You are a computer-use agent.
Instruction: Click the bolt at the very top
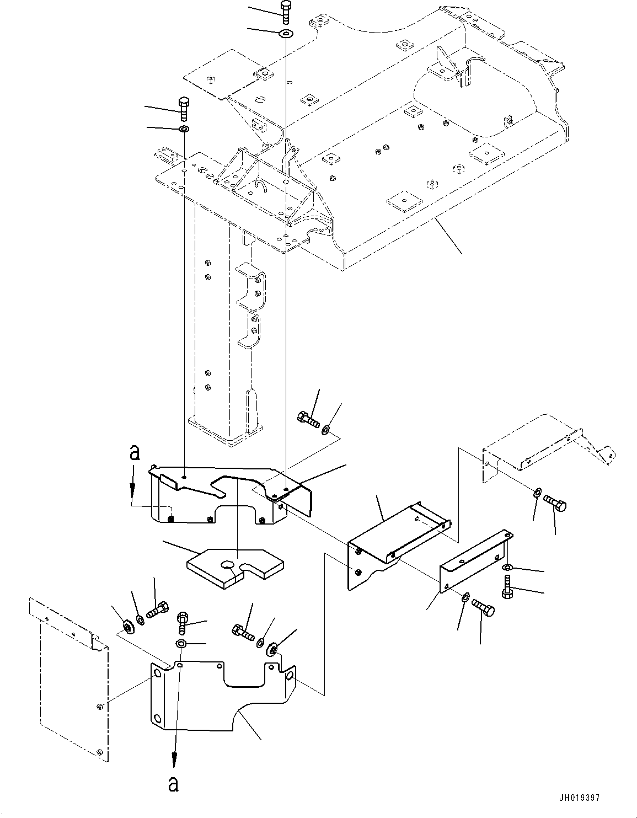coord(286,13)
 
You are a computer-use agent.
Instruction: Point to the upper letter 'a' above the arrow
coord(135,453)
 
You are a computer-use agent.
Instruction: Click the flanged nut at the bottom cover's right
coord(272,649)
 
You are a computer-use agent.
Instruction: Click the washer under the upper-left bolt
coord(184,129)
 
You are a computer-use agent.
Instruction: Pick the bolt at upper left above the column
coord(183,109)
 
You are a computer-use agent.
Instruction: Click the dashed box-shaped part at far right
coord(549,448)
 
